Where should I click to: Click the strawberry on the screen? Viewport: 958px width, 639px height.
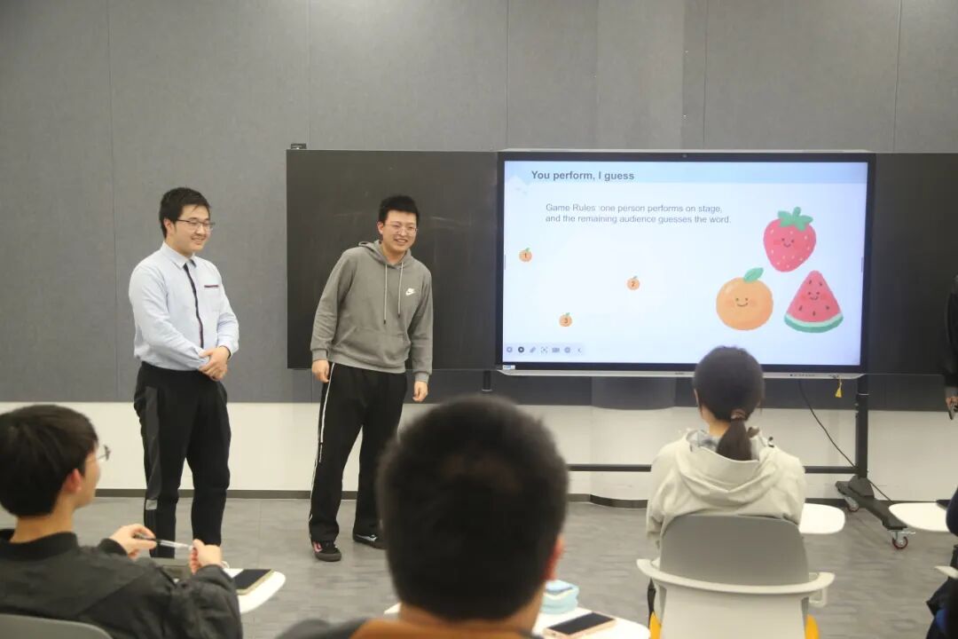pyautogui.click(x=789, y=240)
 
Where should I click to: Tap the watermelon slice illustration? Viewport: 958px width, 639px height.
pyautogui.click(x=813, y=303)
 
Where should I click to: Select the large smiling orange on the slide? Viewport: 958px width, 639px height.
pyautogui.click(x=744, y=300)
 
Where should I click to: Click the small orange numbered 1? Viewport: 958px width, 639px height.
pyautogui.click(x=525, y=255)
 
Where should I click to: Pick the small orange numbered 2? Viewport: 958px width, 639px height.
pyautogui.click(x=633, y=283)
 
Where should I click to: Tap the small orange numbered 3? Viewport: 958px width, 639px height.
pyautogui.click(x=566, y=319)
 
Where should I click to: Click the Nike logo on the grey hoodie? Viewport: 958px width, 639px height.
pyautogui.click(x=409, y=292)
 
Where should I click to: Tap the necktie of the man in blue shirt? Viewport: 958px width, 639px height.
pyautogui.click(x=194, y=301)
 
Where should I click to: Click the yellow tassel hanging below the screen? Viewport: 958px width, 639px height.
pyautogui.click(x=839, y=386)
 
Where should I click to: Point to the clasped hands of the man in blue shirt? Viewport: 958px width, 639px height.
pyautogui.click(x=214, y=363)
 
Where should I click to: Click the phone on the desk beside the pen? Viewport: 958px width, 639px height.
pyautogui.click(x=249, y=580)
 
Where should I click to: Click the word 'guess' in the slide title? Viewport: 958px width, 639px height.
pyautogui.click(x=619, y=176)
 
